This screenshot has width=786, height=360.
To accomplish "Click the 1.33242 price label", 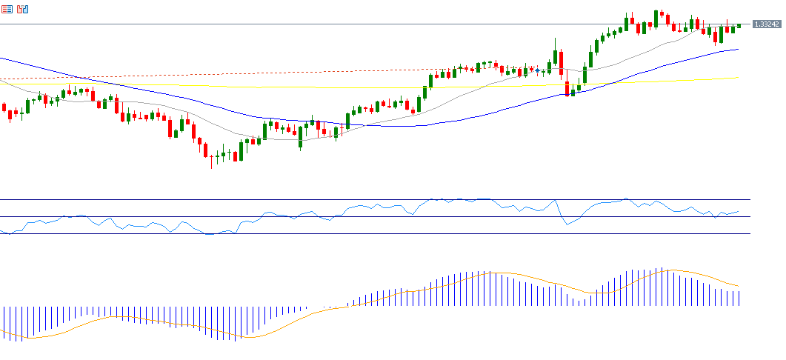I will click(x=766, y=24).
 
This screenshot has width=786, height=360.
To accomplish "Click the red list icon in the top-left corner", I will click(x=7, y=10).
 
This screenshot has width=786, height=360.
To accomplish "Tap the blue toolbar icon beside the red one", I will click(x=23, y=10).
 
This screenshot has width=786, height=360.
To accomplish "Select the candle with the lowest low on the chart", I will click(x=211, y=159).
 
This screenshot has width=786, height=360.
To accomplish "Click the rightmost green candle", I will click(x=739, y=26).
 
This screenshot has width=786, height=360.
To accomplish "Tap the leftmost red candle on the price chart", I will click(x=4, y=108).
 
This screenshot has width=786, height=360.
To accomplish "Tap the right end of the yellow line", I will click(x=739, y=78).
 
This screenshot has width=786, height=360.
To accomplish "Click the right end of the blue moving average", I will click(x=739, y=50).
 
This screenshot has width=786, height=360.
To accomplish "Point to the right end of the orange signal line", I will click(x=739, y=286).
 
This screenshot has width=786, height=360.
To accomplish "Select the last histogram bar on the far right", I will click(x=739, y=299).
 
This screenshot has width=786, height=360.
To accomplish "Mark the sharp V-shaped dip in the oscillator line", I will click(x=567, y=224).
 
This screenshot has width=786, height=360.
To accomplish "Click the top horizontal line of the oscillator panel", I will click(x=370, y=199).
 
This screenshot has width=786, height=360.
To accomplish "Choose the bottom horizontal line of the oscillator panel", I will click(x=370, y=234).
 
